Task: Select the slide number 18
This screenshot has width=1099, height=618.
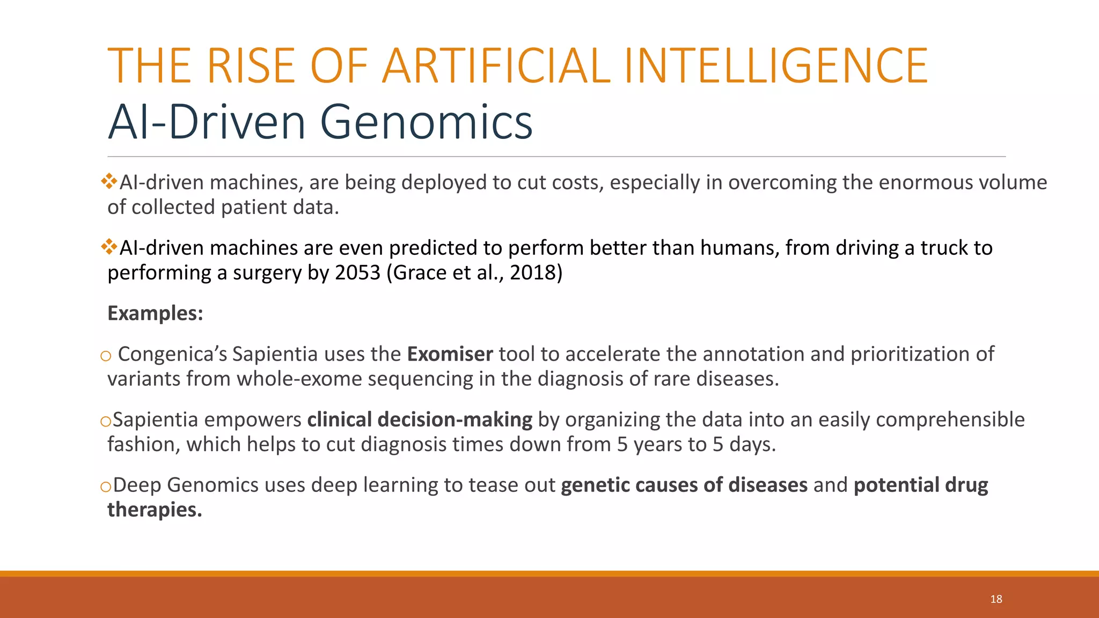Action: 996,599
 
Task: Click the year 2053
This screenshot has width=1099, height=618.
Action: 357,273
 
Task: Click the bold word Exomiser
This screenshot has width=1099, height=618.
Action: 450,354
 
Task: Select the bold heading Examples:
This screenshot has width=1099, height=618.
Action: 155,313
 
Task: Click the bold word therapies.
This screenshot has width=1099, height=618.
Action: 155,510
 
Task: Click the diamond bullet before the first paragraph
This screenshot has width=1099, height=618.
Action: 109,181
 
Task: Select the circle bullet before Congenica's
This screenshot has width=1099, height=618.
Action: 105,356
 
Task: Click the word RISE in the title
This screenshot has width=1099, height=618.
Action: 251,66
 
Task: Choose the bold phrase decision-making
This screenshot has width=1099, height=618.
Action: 455,420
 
